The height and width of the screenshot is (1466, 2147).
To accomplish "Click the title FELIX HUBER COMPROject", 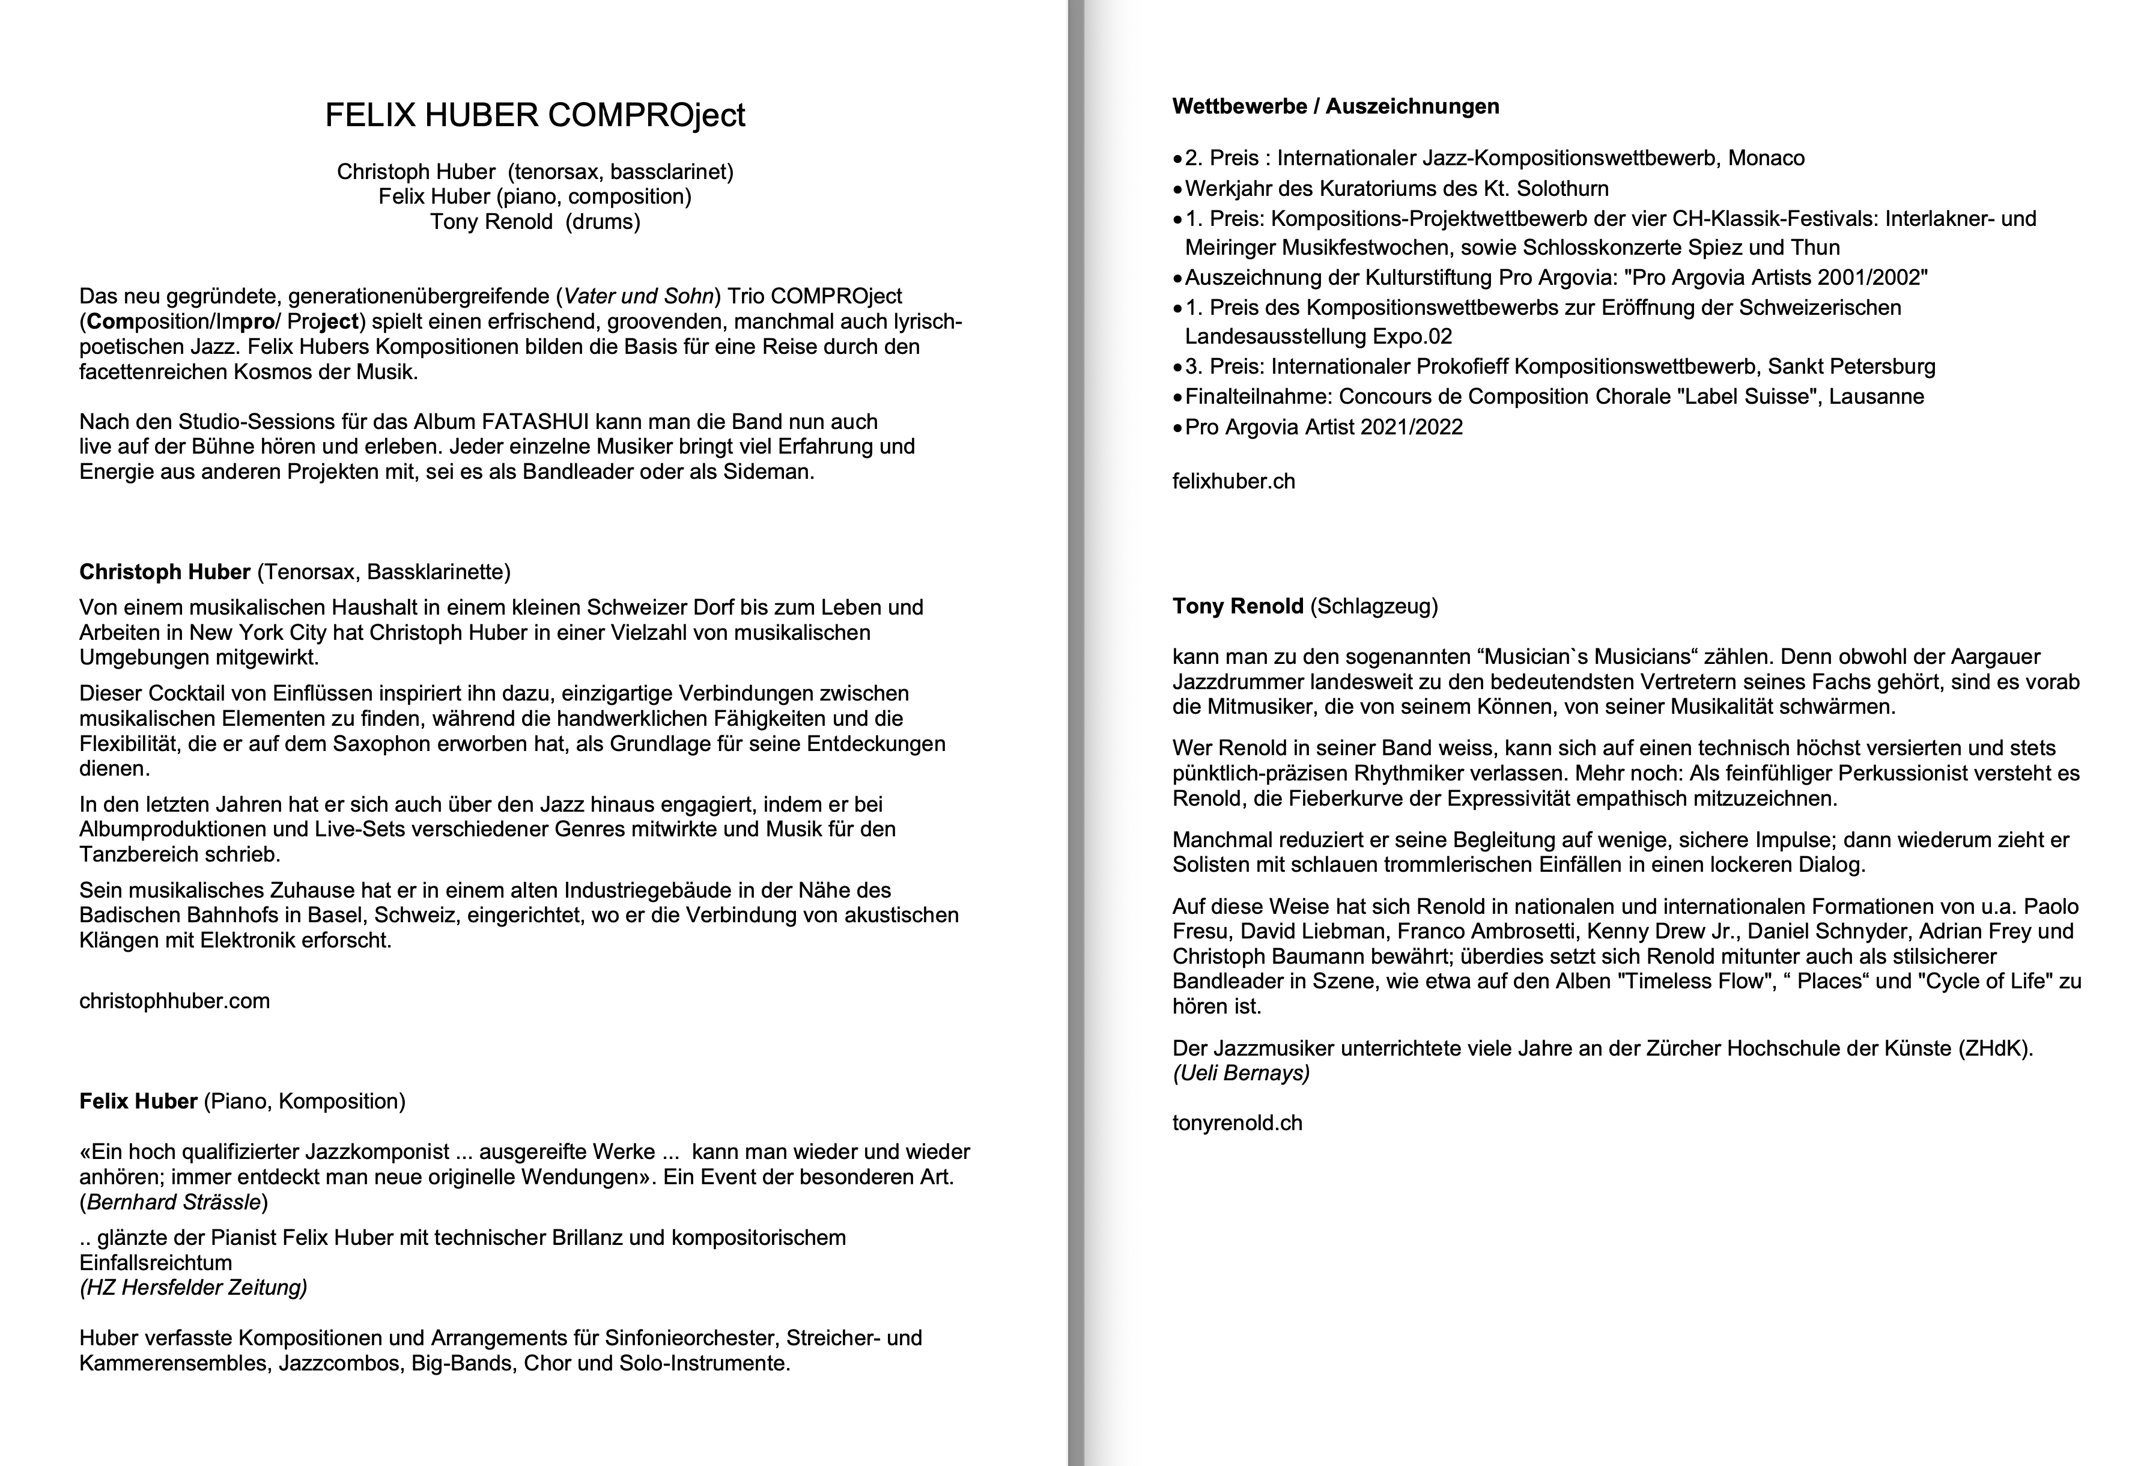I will pos(535,115).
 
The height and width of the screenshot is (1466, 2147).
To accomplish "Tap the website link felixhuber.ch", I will pos(1233,481).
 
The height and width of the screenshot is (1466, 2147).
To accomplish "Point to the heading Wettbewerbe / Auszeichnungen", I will pos(1335,107).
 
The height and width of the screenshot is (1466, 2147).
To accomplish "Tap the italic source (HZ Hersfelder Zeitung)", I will pos(193,1288).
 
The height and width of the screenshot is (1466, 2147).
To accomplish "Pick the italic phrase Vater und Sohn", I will pos(639,297).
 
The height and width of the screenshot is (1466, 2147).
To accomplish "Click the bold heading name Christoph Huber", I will pos(165,573).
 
